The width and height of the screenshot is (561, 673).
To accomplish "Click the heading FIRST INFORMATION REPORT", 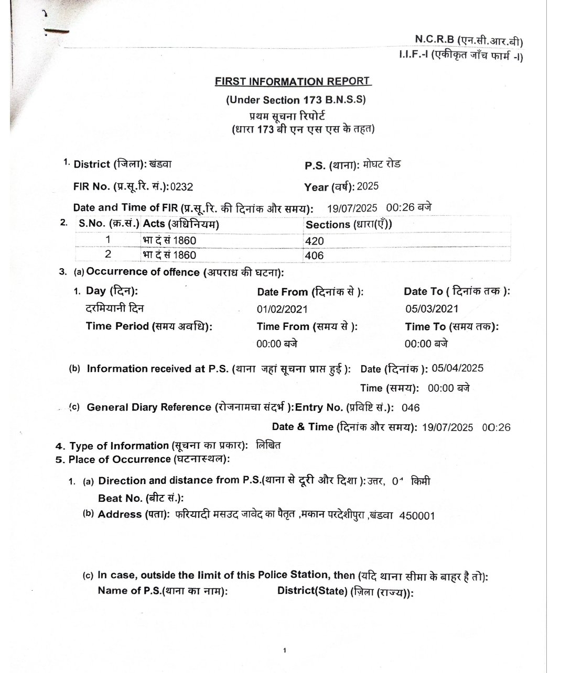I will pos(293,82).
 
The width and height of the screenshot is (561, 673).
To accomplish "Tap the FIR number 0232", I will pos(178,186).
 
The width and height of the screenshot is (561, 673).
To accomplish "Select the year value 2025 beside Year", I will pos(368,186).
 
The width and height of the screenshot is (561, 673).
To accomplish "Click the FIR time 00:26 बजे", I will pos(409,207).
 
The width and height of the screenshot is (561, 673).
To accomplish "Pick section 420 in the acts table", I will pos(314,241).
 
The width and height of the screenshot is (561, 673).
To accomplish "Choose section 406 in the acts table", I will pos(314,256).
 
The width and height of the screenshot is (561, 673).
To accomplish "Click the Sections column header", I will pos(349,224).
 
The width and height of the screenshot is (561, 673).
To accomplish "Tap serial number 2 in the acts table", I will pos(108,255).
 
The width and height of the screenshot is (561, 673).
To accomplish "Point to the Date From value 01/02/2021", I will pos(282,309).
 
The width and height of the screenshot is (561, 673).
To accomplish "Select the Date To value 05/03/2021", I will pos(431,309).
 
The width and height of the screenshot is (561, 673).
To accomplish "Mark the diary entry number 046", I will pos(411,407).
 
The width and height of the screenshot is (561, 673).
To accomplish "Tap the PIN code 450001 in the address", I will pos(417,515).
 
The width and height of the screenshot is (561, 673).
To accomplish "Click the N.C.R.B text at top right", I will pos(434,39).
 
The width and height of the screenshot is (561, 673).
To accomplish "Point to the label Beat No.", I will pos(120,498).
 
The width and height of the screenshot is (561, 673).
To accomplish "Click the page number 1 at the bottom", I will pos(284,650).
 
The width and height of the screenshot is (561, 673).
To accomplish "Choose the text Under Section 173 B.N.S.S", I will pos(296,100).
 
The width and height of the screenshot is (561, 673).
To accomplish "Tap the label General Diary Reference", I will pos(149,407).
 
